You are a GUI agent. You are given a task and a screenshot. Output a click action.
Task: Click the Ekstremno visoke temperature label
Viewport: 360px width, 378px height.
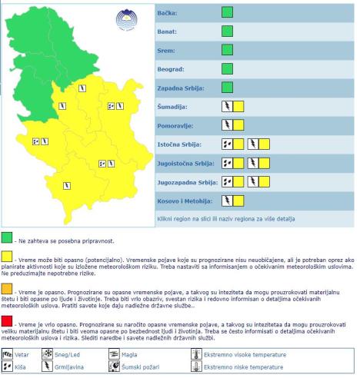pyautogui.click(x=245, y=355)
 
